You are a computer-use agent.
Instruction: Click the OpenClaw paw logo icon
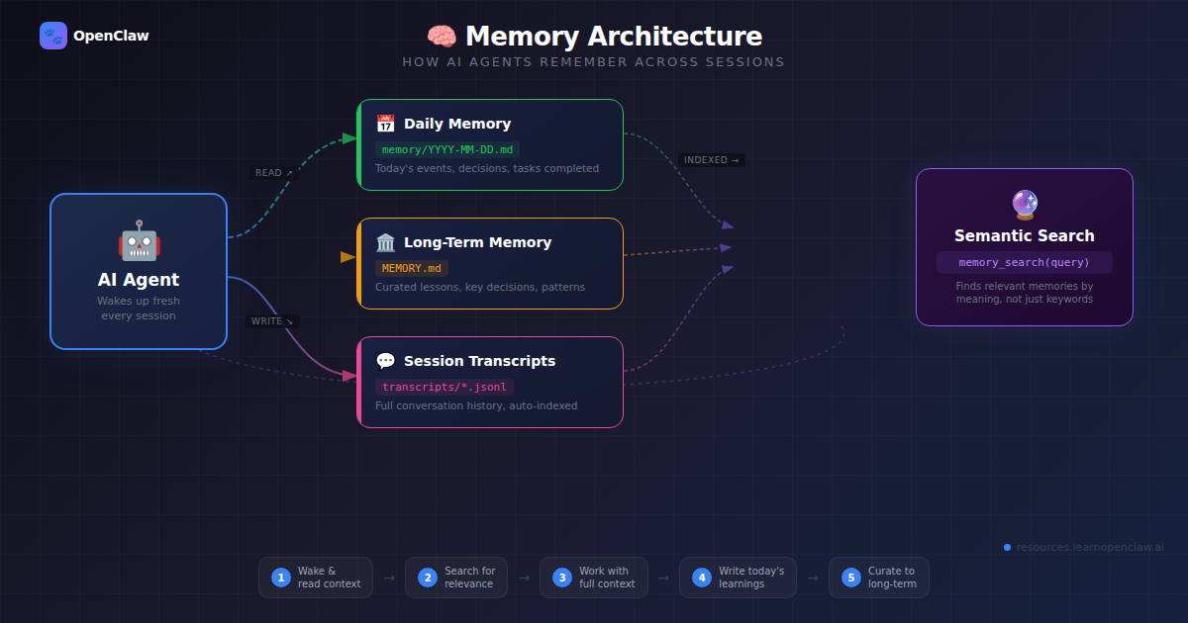pyautogui.click(x=53, y=36)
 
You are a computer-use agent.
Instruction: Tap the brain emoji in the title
pyautogui.click(x=442, y=37)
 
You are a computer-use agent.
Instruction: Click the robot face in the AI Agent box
pyautogui.click(x=139, y=241)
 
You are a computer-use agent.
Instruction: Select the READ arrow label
pyautogui.click(x=274, y=173)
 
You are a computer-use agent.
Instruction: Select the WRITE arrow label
pyautogui.click(x=272, y=321)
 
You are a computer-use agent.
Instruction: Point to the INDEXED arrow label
pyautogui.click(x=712, y=160)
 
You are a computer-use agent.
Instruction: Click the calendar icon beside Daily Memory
pyautogui.click(x=385, y=124)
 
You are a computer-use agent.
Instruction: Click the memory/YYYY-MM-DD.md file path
pyautogui.click(x=447, y=149)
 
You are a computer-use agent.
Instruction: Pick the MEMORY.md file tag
pyautogui.click(x=411, y=268)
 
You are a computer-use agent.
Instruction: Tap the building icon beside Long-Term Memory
pyautogui.click(x=385, y=242)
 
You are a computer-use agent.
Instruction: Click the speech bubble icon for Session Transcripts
pyautogui.click(x=385, y=361)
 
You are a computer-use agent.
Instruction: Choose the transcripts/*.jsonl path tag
pyautogui.click(x=445, y=387)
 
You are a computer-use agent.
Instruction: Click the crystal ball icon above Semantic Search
pyautogui.click(x=1025, y=205)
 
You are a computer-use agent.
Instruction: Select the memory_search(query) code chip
pyautogui.click(x=1025, y=262)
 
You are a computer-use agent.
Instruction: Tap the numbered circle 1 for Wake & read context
pyautogui.click(x=280, y=578)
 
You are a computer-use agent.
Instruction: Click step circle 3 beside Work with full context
pyautogui.click(x=561, y=578)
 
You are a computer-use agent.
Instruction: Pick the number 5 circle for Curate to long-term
pyautogui.click(x=850, y=578)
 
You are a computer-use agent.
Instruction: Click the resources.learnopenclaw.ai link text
pyautogui.click(x=1089, y=547)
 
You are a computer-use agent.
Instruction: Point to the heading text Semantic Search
pyautogui.click(x=1025, y=235)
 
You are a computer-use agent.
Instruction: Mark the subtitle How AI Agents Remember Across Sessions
pyautogui.click(x=593, y=62)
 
